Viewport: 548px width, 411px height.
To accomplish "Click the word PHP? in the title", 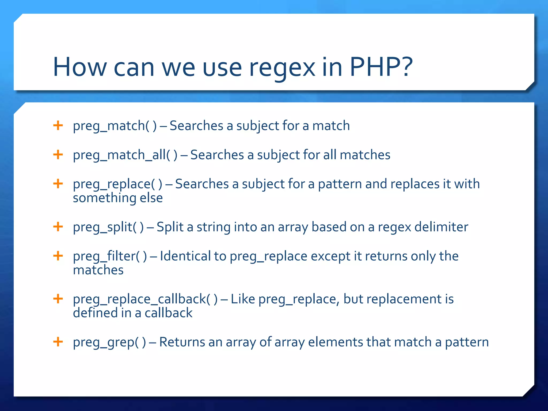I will coord(381,67).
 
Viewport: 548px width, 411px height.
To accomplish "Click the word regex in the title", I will coord(282,68).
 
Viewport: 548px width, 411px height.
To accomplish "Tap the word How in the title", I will coord(79,67).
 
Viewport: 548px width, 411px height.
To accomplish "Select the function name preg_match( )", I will coord(115,126).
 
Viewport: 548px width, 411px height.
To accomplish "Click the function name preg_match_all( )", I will coord(125,155).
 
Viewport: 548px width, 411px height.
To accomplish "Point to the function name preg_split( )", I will coord(108,227).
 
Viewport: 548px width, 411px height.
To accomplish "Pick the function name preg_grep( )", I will coord(109,342).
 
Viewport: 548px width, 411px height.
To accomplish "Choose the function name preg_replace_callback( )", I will coord(145,299).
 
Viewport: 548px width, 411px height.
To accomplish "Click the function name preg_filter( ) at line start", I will coord(110,256).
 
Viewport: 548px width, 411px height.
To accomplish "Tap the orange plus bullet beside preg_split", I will coord(58,227).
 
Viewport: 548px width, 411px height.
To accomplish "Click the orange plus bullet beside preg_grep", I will coord(58,342).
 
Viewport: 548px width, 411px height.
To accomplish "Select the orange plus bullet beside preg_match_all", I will coord(58,154).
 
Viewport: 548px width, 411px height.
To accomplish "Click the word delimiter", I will coord(441,227).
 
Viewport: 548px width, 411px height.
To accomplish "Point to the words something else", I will coord(118,198).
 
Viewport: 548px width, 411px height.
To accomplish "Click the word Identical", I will coord(185,256).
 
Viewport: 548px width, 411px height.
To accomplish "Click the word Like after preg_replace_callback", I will coord(243,299).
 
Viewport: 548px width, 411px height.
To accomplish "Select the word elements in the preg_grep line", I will coord(335,342).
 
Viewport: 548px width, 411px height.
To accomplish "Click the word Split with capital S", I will coord(170,227).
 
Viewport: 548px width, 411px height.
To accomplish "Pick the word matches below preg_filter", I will coord(98,270).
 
